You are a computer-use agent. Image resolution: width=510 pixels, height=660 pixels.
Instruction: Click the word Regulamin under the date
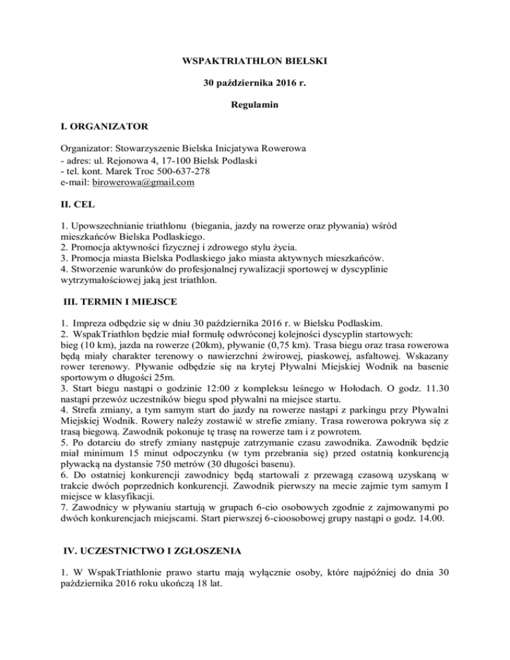(254, 106)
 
